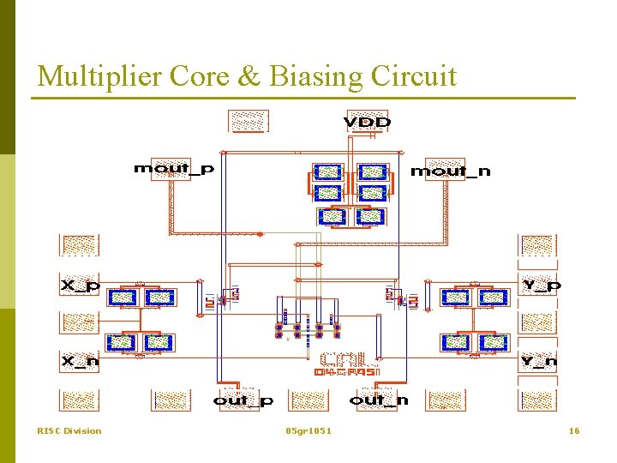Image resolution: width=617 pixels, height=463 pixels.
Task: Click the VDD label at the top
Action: click(x=367, y=123)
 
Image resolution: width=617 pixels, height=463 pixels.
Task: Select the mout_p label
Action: click(x=174, y=169)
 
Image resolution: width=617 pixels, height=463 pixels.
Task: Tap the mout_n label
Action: click(x=451, y=171)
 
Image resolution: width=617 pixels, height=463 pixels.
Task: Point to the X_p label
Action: click(x=80, y=285)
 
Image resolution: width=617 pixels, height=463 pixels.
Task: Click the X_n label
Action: click(x=80, y=362)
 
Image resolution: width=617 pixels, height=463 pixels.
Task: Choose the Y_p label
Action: click(x=541, y=285)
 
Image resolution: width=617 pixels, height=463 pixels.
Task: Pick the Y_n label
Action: click(x=539, y=362)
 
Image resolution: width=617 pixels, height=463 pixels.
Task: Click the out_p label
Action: click(x=243, y=400)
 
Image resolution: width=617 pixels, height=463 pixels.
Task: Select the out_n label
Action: click(x=379, y=400)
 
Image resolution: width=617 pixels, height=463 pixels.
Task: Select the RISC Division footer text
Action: click(x=69, y=430)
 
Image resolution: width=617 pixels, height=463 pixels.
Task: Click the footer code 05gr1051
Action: click(x=308, y=430)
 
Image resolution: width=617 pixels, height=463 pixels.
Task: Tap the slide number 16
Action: click(x=574, y=430)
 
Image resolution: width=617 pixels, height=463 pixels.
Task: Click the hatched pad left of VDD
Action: click(x=249, y=122)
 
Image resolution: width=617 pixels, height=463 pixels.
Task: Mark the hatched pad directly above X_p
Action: click(x=79, y=245)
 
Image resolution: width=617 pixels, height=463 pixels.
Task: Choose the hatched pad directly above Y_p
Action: click(x=538, y=245)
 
